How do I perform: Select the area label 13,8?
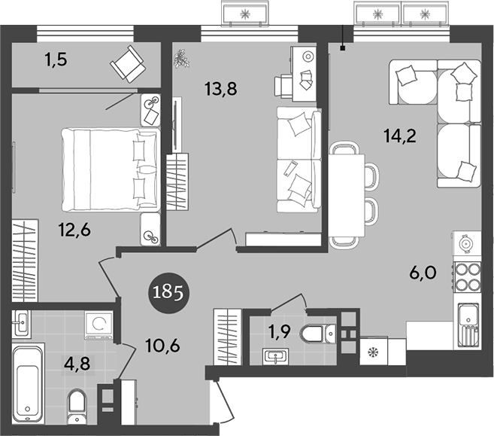click(x=220, y=88)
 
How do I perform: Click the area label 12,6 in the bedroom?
click(x=74, y=230)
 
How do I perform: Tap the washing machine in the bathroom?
click(x=98, y=325)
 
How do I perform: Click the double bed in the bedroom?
click(x=110, y=167)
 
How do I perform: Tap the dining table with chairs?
click(x=347, y=194)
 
